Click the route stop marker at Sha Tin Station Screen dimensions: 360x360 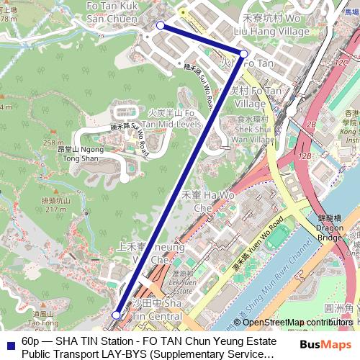[x=117, y=315]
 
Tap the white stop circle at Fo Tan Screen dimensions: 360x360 [x=244, y=54]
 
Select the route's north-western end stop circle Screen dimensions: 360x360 [x=160, y=25]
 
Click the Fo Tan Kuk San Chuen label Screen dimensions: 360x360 [x=112, y=12]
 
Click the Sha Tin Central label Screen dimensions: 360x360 [x=157, y=309]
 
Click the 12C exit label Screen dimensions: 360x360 [x=341, y=63]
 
